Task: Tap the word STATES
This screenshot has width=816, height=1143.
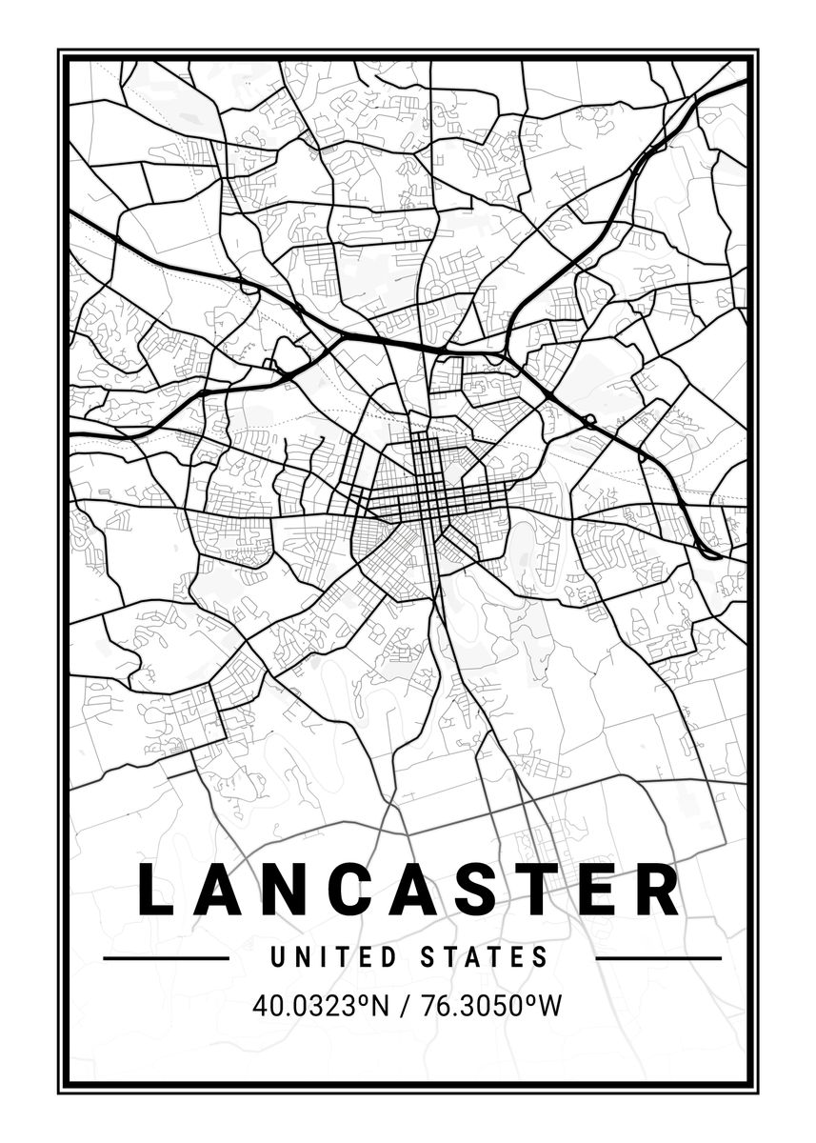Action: pos(484,957)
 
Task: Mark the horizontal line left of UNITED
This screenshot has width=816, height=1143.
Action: pos(166,958)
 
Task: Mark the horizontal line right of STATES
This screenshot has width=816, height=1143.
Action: pos(658,958)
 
